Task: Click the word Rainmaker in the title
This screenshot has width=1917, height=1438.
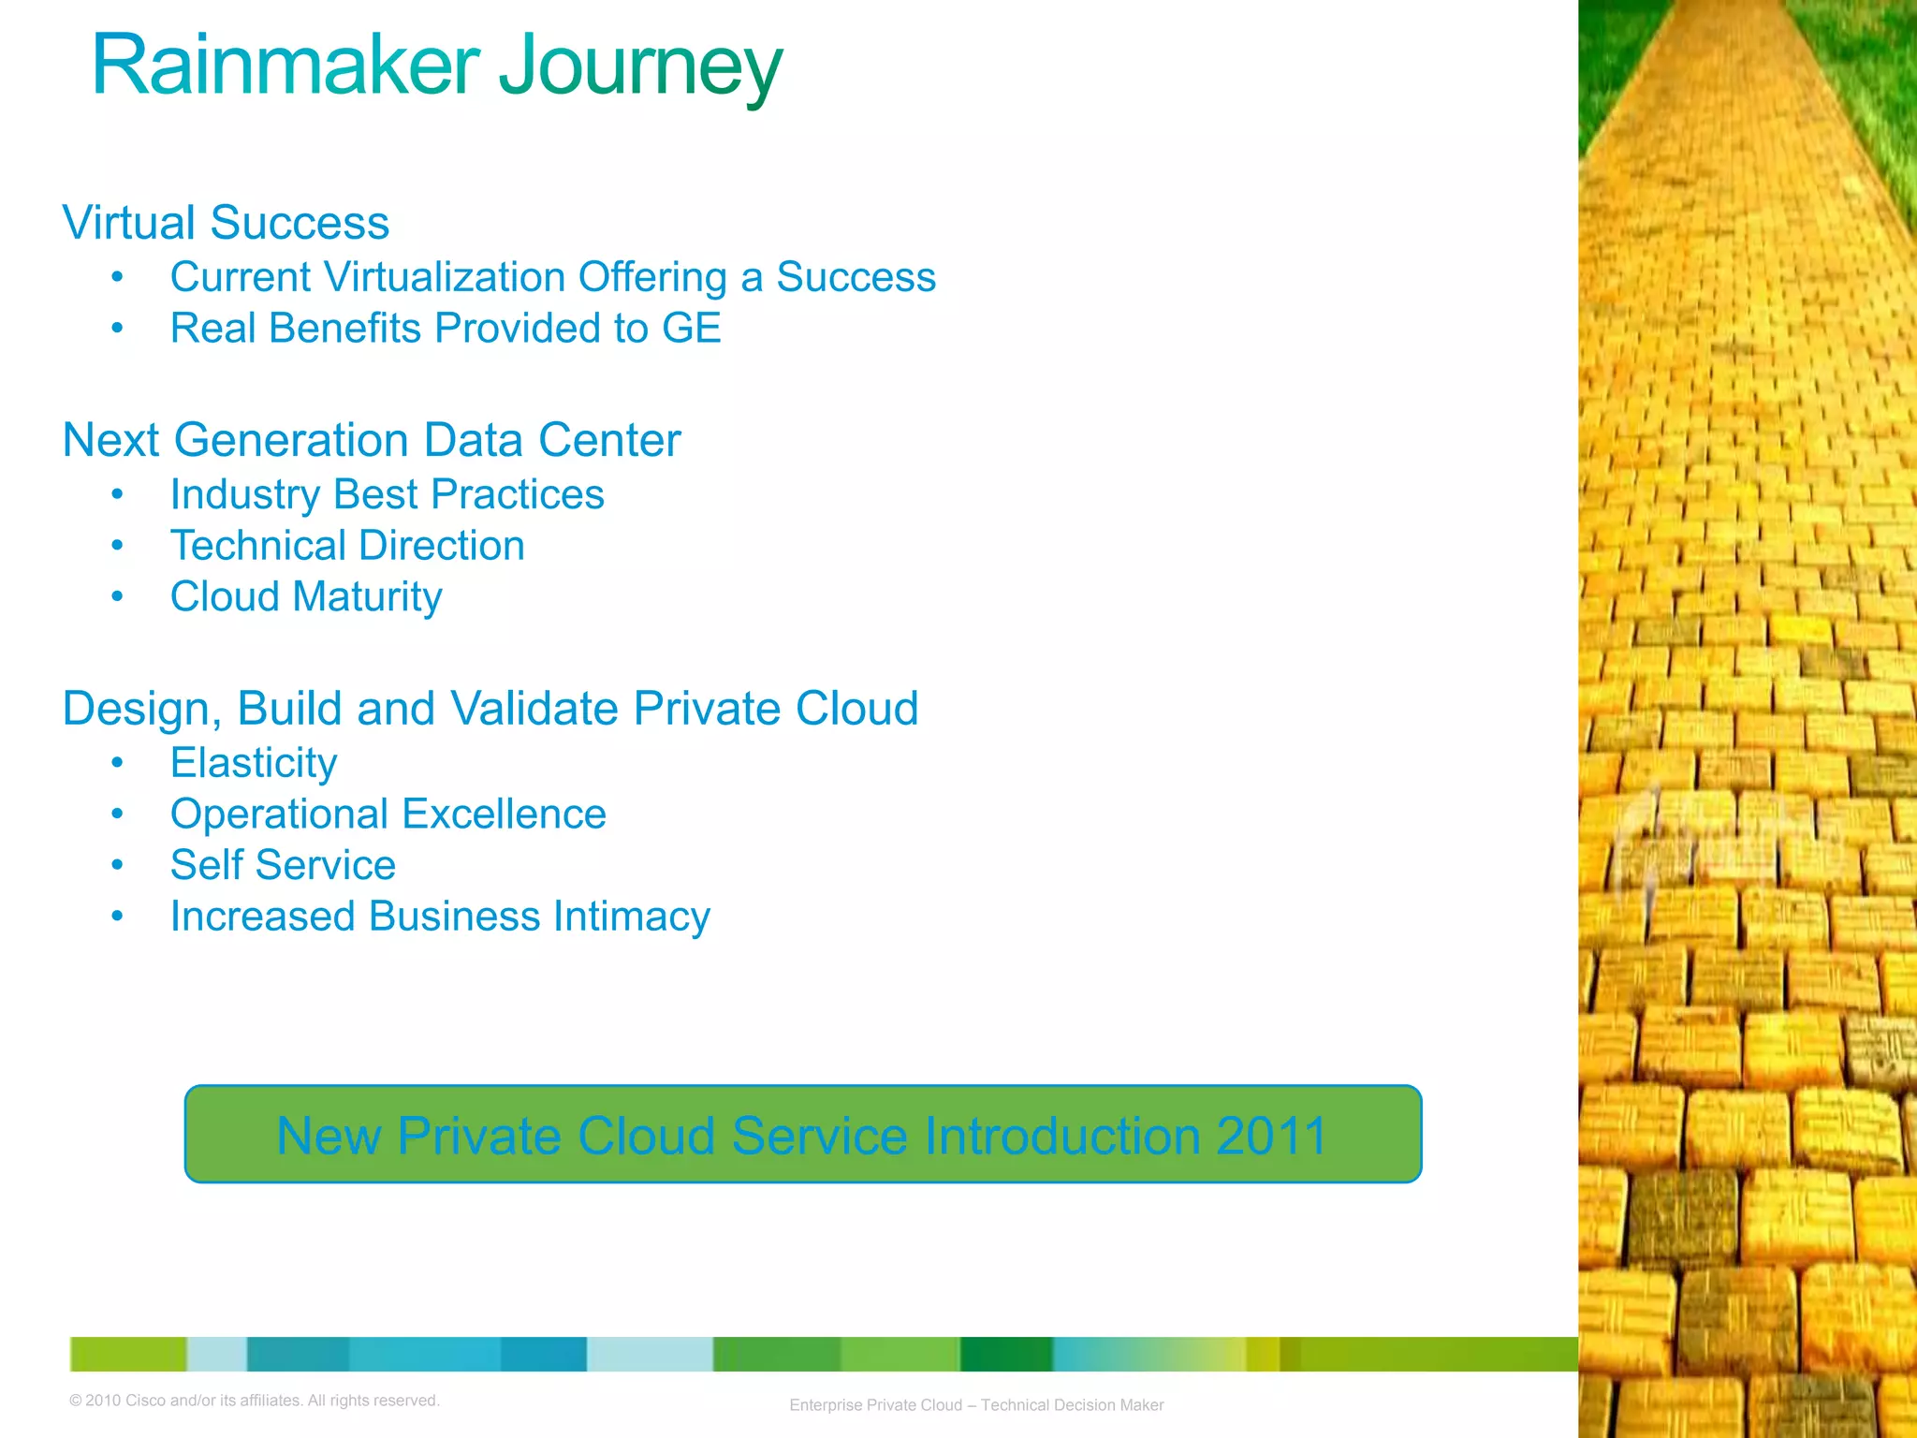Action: pyautogui.click(x=285, y=66)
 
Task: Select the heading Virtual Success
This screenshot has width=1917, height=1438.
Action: pyautogui.click(x=226, y=223)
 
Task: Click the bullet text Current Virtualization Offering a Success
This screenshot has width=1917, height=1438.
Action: pyautogui.click(x=552, y=277)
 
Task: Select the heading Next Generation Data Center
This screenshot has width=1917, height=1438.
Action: pyautogui.click(x=371, y=440)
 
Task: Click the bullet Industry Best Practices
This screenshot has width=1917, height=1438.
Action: pyautogui.click(x=387, y=494)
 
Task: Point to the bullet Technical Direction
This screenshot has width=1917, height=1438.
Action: pyautogui.click(x=347, y=546)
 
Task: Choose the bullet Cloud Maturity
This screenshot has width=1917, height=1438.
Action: pyautogui.click(x=306, y=597)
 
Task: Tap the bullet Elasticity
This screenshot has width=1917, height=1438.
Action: pyautogui.click(x=254, y=763)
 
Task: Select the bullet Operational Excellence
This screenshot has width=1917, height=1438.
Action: pyautogui.click(x=388, y=814)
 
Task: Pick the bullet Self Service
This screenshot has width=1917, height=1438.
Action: pyautogui.click(x=283, y=865)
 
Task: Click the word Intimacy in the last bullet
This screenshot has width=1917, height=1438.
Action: pyautogui.click(x=631, y=917)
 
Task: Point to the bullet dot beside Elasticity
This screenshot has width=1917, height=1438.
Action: pyautogui.click(x=117, y=764)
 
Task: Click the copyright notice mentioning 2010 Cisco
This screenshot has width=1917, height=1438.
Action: pyautogui.click(x=255, y=1401)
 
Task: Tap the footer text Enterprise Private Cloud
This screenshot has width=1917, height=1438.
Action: pyautogui.click(x=875, y=1405)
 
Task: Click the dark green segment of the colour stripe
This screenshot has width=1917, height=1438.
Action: pyautogui.click(x=1006, y=1354)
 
